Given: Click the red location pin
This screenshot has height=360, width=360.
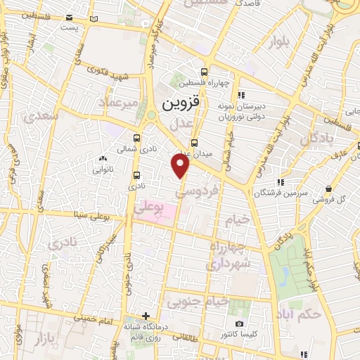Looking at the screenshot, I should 181,166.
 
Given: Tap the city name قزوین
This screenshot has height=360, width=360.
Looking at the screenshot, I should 181,104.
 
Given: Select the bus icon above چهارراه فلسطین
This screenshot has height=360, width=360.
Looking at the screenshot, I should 204,72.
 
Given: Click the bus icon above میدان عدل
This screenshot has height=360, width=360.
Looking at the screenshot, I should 195,142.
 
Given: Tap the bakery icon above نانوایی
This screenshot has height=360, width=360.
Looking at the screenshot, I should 103,159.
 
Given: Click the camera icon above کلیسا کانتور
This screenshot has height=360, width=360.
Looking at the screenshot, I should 239,323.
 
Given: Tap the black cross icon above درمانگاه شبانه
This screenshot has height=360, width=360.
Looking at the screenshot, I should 146,316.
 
